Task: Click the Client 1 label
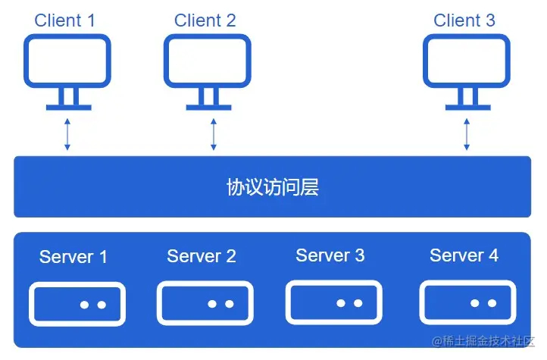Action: click(65, 20)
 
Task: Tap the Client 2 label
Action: click(205, 20)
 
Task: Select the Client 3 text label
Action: click(464, 20)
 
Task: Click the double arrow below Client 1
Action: click(67, 134)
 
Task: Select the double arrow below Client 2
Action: click(214, 134)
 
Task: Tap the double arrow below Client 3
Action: click(466, 134)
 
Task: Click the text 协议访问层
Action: click(272, 187)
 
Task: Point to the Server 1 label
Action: click(73, 257)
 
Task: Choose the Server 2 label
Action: click(202, 256)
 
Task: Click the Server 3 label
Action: click(330, 255)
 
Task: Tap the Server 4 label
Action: click(464, 255)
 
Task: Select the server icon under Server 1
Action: click(77, 304)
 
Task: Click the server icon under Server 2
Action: click(205, 303)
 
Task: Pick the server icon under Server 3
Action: click(334, 302)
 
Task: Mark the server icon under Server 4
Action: click(468, 302)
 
